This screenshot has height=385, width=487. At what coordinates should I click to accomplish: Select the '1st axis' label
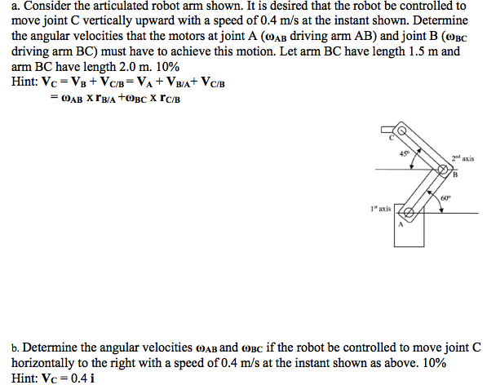pos(380,209)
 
